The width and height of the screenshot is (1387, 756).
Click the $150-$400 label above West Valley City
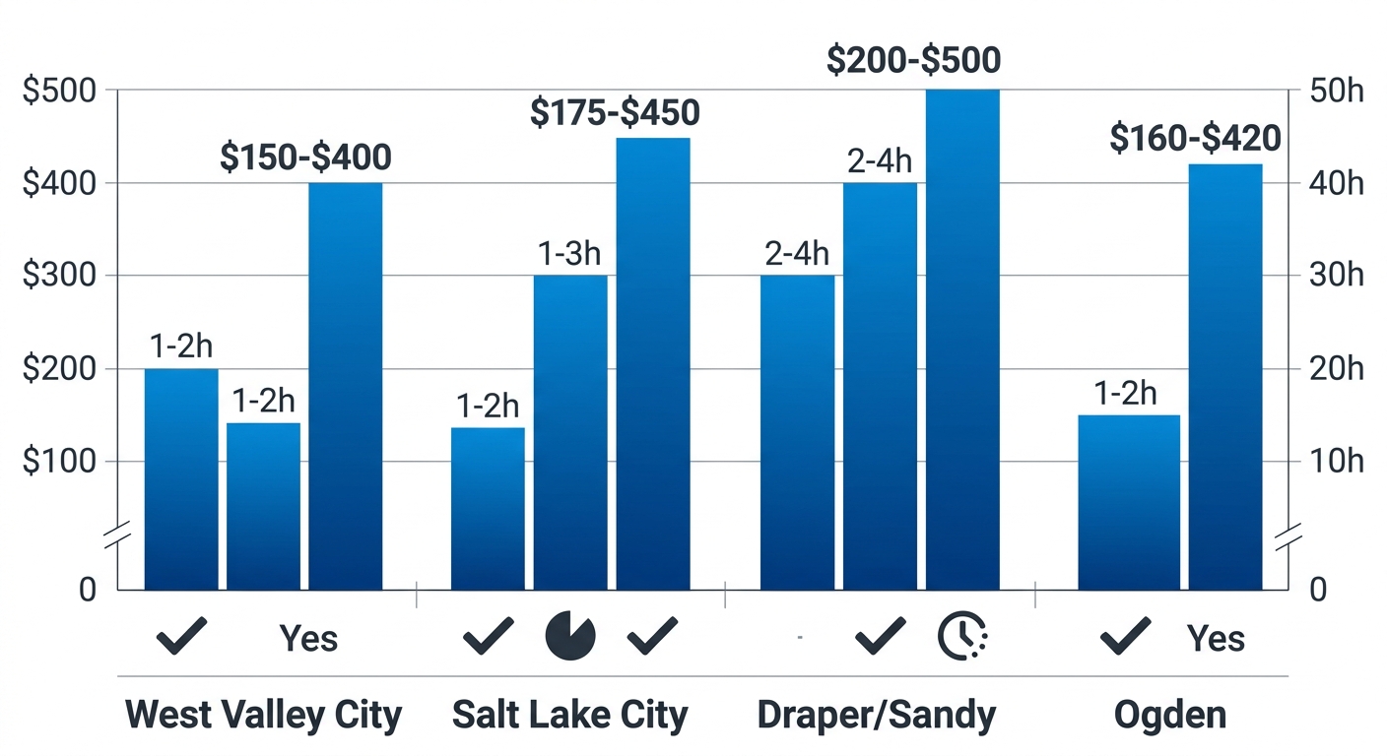tap(305, 157)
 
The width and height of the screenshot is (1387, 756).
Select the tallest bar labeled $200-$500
tap(962, 340)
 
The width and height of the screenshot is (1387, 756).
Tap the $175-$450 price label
tap(615, 113)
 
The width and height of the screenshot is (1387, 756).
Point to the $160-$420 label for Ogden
tap(1195, 139)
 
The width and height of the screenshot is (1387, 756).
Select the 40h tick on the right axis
tap(1336, 183)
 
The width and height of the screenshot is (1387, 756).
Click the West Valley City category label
tap(264, 715)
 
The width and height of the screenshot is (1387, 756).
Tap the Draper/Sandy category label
tap(877, 715)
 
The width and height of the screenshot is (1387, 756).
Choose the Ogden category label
tap(1170, 715)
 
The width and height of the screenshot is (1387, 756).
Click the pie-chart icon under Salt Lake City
tap(570, 636)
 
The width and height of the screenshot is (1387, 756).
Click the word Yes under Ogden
tap(1216, 639)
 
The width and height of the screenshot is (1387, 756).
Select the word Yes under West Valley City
tap(308, 639)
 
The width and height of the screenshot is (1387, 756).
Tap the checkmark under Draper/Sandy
tap(881, 636)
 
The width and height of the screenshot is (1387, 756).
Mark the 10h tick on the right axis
tap(1336, 462)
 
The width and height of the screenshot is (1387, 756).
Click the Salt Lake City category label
tap(569, 715)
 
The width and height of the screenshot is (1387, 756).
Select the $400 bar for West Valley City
tap(346, 386)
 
